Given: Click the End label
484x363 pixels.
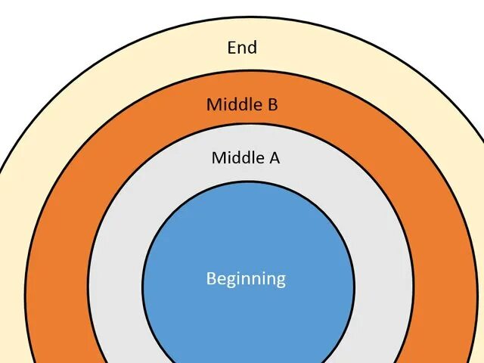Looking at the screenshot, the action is (x=242, y=48).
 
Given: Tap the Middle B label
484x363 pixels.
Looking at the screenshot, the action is (x=242, y=104).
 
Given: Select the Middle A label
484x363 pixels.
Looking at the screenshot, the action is (x=245, y=157).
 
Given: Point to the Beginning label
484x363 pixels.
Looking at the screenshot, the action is (x=246, y=278).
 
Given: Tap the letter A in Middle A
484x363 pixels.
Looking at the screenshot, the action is (x=275, y=157).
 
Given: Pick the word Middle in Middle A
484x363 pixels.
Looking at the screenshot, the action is (x=235, y=157).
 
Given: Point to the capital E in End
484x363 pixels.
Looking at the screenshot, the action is (x=232, y=48).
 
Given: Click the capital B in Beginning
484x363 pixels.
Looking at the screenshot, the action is (x=211, y=278).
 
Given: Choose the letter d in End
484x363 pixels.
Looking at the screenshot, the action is (x=252, y=48).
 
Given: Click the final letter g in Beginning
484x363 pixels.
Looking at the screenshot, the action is (x=281, y=280).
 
